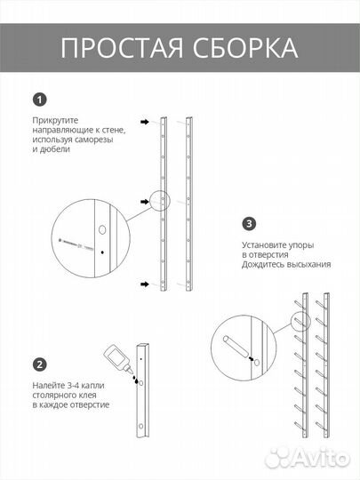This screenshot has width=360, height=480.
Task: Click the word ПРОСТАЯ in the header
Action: (x=122, y=48)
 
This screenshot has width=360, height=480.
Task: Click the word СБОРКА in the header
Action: (x=245, y=48)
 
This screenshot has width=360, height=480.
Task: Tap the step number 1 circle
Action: (x=40, y=100)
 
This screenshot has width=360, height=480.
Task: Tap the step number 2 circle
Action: (x=40, y=364)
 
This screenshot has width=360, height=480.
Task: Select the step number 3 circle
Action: (x=249, y=224)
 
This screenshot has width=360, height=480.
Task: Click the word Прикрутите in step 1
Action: (x=55, y=121)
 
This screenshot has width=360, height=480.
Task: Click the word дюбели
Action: (x=55, y=149)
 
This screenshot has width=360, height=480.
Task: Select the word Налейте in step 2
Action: (x=48, y=386)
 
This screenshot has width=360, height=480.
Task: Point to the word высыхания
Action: (x=309, y=265)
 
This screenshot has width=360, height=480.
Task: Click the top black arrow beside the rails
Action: (x=145, y=122)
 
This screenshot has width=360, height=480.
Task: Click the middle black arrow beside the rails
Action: (x=145, y=202)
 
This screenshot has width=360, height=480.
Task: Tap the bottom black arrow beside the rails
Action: (x=145, y=284)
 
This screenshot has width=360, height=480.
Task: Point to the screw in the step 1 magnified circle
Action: (x=76, y=244)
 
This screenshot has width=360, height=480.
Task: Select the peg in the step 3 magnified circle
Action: (x=236, y=347)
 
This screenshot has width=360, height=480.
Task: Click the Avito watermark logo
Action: (x=307, y=458)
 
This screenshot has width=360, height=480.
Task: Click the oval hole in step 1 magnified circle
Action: (x=102, y=229)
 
